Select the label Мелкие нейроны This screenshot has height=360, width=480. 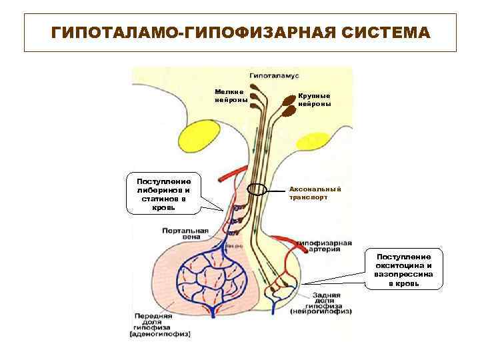pyautogui.click(x=231, y=95)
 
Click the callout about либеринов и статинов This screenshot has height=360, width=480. pyautogui.click(x=163, y=194)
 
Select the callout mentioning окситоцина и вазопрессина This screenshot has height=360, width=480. pyautogui.click(x=404, y=270)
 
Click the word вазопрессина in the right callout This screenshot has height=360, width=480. pyautogui.click(x=404, y=275)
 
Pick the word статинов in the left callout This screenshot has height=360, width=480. pyautogui.click(x=163, y=199)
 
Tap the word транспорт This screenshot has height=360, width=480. pyautogui.click(x=309, y=198)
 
